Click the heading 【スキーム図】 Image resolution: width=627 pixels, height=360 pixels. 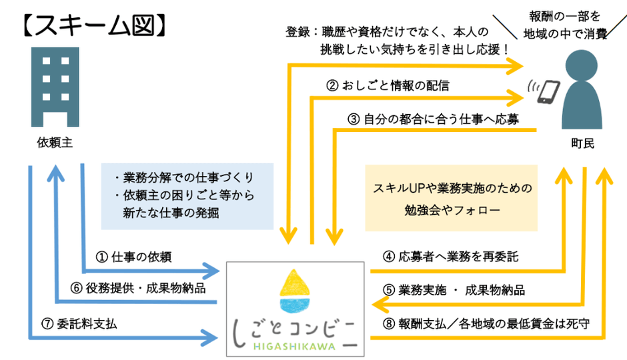coord(90,25)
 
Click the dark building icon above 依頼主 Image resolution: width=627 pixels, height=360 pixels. coord(54,87)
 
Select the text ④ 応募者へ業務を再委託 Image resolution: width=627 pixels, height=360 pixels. coord(450,257)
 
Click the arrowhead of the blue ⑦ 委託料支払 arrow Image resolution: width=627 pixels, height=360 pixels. coord(213,334)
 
